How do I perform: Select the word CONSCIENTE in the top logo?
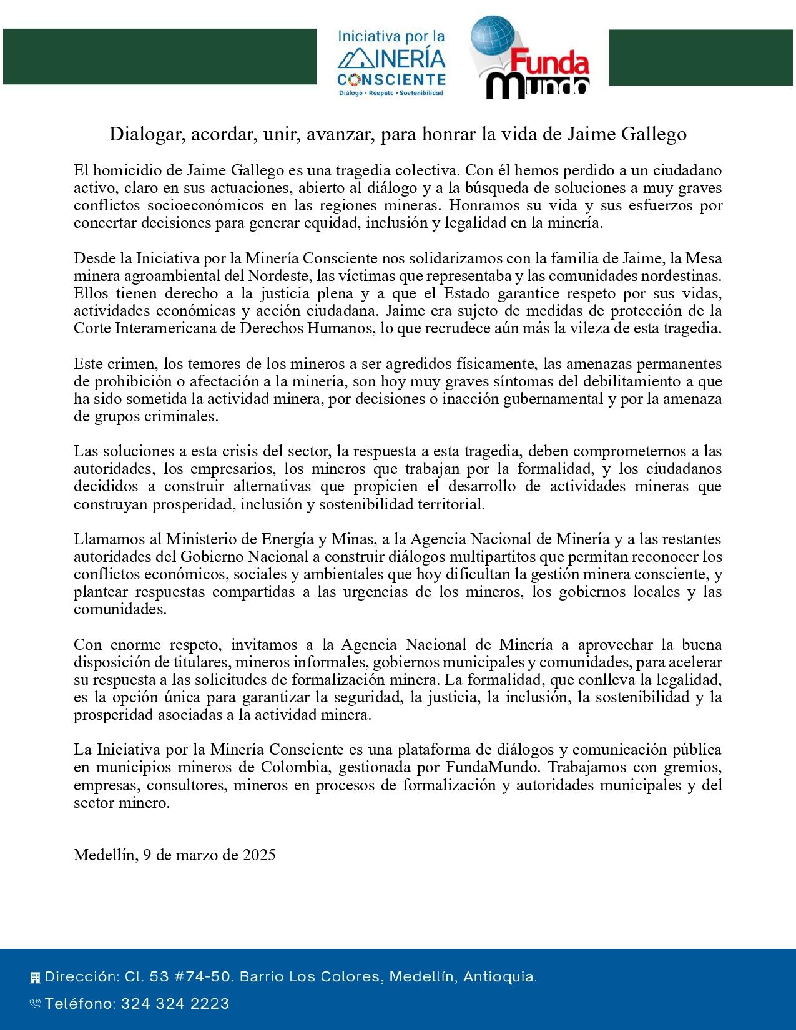tap(391, 79)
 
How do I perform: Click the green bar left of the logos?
tap(159, 56)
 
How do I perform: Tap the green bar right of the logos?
tap(702, 57)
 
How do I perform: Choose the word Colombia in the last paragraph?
tap(317, 767)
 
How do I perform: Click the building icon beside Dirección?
tap(35, 977)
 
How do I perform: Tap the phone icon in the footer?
tap(35, 1004)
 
